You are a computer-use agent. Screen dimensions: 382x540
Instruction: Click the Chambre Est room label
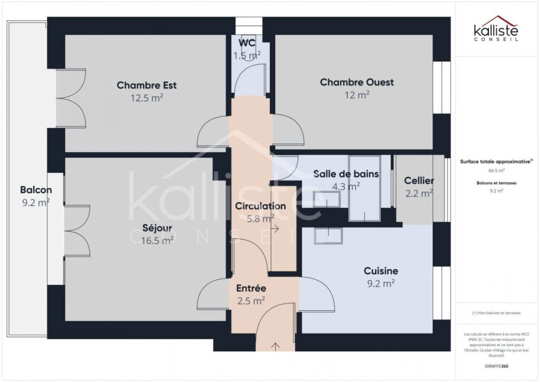click(147, 85)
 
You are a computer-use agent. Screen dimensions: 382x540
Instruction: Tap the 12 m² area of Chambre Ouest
click(356, 95)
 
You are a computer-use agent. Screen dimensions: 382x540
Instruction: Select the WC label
click(247, 43)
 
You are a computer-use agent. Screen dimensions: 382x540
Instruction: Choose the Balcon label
click(35, 190)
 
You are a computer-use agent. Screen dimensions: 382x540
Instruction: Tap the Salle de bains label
click(346, 173)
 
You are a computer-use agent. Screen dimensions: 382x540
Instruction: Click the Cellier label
click(419, 181)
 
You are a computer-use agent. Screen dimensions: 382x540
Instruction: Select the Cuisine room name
click(381, 271)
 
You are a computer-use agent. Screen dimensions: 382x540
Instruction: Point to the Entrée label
click(250, 288)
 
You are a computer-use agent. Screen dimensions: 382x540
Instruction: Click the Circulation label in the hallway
click(261, 206)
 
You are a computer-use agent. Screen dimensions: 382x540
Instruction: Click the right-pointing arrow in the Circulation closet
click(275, 229)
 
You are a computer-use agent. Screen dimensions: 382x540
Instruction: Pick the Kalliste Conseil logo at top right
click(496, 32)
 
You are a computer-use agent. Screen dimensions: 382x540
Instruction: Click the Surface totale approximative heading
click(495, 163)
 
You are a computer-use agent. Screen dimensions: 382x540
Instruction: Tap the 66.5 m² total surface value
click(496, 171)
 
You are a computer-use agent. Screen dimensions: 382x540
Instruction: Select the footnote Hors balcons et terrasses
click(496, 312)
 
